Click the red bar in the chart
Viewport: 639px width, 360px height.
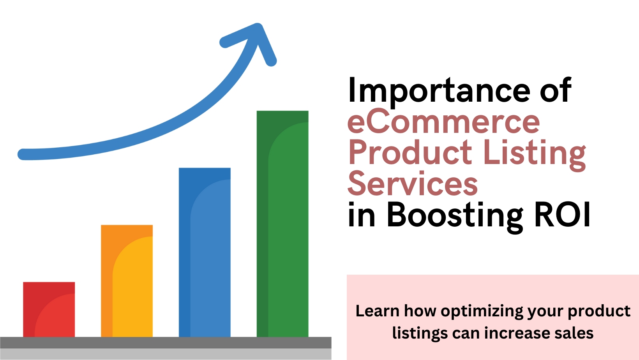click(x=49, y=309)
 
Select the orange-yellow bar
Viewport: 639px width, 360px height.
click(x=127, y=281)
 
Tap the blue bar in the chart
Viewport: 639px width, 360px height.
click(x=205, y=252)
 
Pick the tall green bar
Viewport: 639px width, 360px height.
click(x=283, y=224)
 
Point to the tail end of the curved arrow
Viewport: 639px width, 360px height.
click(x=23, y=154)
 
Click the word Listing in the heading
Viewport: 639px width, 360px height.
click(x=535, y=155)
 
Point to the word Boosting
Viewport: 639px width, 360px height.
click(x=455, y=216)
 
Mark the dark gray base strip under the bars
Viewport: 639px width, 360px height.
click(x=166, y=342)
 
